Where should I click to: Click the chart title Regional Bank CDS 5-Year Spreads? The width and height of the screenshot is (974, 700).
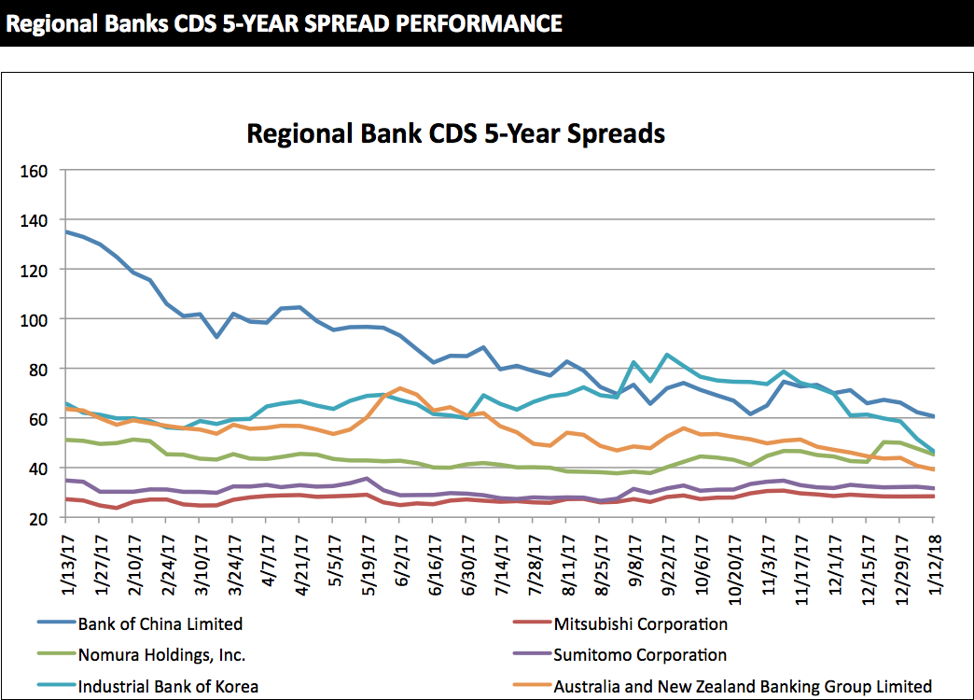click(455, 133)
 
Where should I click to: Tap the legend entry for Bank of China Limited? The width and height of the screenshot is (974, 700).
click(160, 623)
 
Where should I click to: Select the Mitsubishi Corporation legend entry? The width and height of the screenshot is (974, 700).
click(640, 623)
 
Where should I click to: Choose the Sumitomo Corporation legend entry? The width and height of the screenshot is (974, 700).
click(640, 655)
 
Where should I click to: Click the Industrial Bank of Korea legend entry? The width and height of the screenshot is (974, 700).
click(168, 686)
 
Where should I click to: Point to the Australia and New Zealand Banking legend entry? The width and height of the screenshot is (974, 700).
click(743, 686)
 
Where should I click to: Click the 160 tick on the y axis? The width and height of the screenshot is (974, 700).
click(37, 172)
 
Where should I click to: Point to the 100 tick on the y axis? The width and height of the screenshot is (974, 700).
click(37, 320)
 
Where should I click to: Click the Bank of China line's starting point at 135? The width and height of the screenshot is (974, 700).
click(65, 231)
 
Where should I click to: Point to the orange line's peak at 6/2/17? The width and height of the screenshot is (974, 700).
click(399, 388)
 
